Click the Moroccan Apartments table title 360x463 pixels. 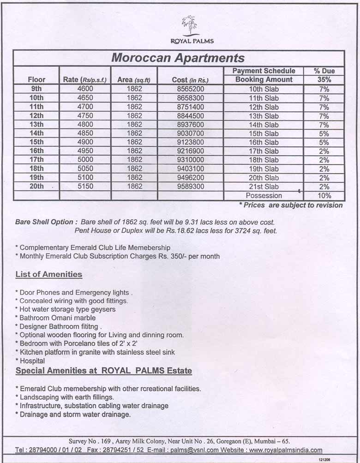pyautogui.click(x=178, y=58)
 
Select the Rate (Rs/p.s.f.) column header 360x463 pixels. pyautogui.click(x=85, y=80)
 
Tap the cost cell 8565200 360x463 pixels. pyautogui.click(x=191, y=89)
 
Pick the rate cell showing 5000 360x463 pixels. pyautogui.click(x=85, y=160)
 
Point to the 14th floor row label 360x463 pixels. pyautogui.click(x=36, y=133)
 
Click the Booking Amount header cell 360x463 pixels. pyautogui.click(x=264, y=79)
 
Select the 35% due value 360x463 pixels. pyautogui.click(x=324, y=79)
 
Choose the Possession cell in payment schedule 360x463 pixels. pyautogui.click(x=264, y=195)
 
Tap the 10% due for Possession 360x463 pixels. pyautogui.click(x=324, y=195)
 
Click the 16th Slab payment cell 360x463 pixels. pyautogui.click(x=264, y=142)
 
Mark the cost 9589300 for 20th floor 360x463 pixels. pyautogui.click(x=191, y=186)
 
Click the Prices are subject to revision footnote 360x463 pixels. pyautogui.click(x=291, y=205)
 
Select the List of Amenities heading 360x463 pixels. pyautogui.click(x=49, y=275)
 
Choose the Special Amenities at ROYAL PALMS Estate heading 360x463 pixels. pyautogui.click(x=104, y=371)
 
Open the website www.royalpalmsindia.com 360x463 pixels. pyautogui.click(x=286, y=450)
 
